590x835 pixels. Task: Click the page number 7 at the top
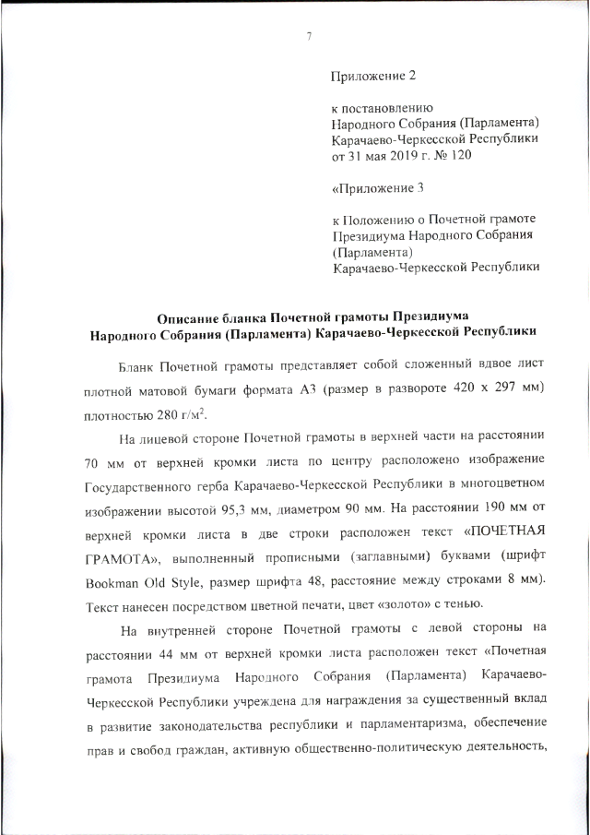click(309, 36)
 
